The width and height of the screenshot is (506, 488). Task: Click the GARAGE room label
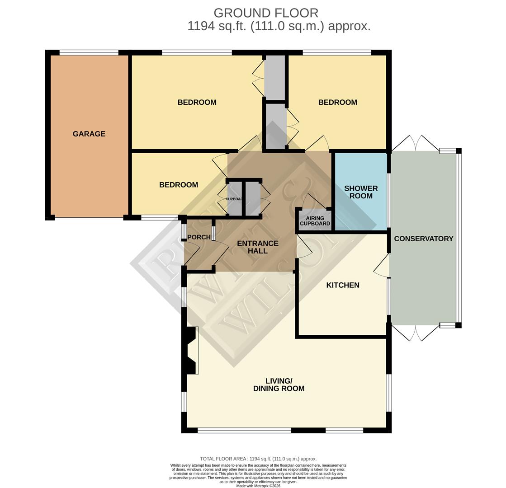point(89,134)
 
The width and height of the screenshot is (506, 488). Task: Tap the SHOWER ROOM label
point(360,192)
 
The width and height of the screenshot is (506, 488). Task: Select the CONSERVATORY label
point(423,239)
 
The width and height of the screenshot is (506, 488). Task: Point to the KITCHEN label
point(343,285)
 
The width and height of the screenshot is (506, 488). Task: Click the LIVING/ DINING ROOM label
point(279,385)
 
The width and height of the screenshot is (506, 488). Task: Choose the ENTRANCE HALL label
point(257,247)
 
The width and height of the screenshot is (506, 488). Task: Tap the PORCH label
point(199,237)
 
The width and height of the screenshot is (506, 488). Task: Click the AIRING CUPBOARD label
point(315,221)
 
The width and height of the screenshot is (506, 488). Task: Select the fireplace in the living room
point(192,351)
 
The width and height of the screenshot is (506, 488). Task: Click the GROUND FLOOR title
point(265,13)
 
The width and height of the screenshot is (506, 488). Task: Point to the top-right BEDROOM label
point(337,103)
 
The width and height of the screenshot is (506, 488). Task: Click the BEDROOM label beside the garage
point(197,103)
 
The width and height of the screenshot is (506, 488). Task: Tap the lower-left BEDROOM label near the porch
point(178,185)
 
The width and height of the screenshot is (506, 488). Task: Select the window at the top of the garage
point(89,53)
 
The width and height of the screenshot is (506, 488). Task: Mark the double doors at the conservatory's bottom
point(415,333)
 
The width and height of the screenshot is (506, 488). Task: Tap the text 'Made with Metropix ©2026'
point(258,486)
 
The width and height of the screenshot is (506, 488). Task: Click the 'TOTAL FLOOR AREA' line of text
point(258,459)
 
